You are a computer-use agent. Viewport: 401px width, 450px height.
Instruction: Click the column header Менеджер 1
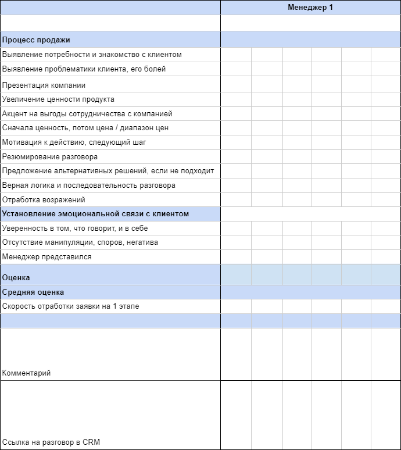tap(310, 8)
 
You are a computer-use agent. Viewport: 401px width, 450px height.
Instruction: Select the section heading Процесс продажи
tap(36, 40)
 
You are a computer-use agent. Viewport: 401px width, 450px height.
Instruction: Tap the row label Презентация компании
tap(44, 85)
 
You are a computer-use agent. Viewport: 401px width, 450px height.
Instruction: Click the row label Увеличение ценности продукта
tap(58, 99)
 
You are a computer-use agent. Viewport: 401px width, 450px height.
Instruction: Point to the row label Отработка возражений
tap(44, 199)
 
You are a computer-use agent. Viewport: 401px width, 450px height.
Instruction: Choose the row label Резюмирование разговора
tap(50, 156)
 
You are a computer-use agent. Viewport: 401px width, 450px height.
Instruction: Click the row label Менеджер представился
tap(46, 256)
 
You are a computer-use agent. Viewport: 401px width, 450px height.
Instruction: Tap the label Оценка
tap(16, 278)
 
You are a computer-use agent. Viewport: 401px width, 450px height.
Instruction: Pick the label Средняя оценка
tap(33, 292)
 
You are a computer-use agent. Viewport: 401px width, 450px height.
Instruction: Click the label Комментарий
tap(26, 373)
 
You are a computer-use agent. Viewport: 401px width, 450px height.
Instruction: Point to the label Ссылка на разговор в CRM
tap(51, 442)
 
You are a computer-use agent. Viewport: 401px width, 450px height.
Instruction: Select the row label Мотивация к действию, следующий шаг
tap(74, 142)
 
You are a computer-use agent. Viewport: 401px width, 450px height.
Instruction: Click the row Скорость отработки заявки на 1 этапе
tap(70, 306)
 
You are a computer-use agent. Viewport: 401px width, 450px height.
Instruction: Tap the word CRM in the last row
tap(91, 442)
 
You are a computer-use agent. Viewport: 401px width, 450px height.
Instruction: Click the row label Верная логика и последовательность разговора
tap(89, 185)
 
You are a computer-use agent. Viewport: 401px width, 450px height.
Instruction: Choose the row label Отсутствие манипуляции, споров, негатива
tap(80, 242)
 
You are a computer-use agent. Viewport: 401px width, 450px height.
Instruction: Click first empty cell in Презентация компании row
tap(236, 85)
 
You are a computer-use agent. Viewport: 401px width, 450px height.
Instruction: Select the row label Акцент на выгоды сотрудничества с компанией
tap(87, 113)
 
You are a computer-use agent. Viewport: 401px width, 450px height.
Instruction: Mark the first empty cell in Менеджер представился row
tap(236, 256)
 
